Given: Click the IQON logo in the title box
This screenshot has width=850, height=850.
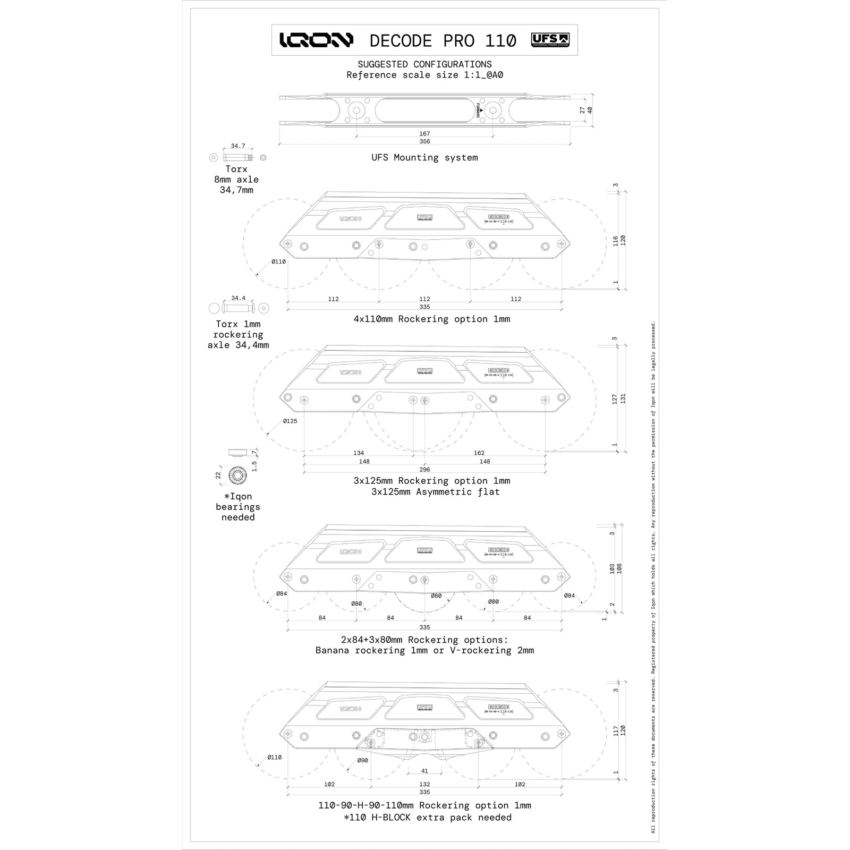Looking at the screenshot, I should (316, 40).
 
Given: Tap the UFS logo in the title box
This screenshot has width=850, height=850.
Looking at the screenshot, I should (550, 40).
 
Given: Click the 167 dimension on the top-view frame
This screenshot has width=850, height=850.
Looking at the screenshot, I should (424, 134).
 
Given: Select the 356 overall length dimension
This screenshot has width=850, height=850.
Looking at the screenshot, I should (424, 142).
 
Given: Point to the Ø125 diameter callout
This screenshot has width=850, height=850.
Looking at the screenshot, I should (290, 421).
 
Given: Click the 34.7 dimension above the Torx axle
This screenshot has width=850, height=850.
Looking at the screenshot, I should (238, 146).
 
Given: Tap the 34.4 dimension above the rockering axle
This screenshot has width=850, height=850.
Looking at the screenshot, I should (238, 298).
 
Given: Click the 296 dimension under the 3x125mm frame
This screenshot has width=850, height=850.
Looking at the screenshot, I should (424, 470).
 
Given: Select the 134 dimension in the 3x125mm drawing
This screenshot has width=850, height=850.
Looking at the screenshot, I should (359, 453).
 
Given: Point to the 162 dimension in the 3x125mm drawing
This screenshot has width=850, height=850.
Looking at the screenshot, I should (479, 453).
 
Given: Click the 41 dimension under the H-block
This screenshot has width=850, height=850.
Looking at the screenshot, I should (424, 771).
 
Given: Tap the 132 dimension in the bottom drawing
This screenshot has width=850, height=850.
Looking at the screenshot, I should (424, 784).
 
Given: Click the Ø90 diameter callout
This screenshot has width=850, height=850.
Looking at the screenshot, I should (362, 760).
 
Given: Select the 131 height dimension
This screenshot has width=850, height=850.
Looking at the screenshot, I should (623, 398).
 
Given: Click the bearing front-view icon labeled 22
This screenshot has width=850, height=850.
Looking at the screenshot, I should (236, 475).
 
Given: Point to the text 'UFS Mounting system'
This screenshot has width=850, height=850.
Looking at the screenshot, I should (424, 158).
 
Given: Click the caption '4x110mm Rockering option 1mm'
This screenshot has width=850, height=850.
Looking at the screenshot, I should (431, 319).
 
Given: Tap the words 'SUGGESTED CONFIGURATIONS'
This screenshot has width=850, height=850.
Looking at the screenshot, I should (424, 64).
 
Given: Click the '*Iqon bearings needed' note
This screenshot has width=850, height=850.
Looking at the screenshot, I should (237, 507).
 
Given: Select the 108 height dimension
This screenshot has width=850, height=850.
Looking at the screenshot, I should (619, 568).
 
